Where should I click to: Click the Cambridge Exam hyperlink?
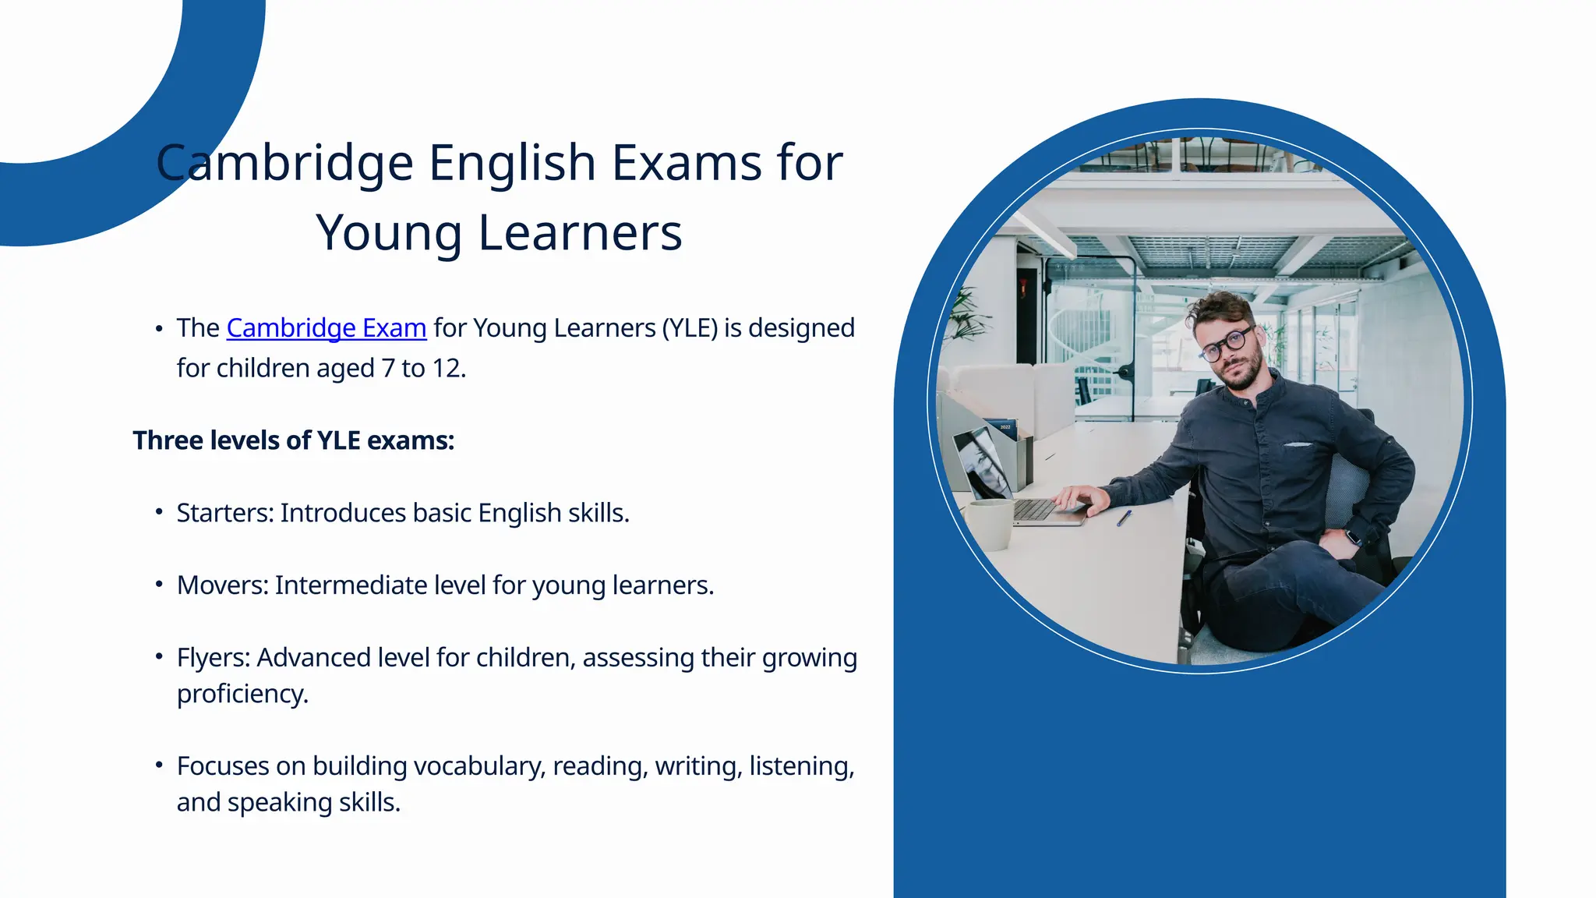point(326,328)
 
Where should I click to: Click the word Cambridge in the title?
point(284,163)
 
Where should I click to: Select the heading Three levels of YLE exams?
point(293,440)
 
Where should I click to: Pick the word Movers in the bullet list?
point(223,585)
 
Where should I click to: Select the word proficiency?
point(242,694)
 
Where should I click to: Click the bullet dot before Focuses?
point(159,765)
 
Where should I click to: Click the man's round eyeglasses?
point(1227,344)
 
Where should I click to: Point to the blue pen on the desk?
point(1124,518)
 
